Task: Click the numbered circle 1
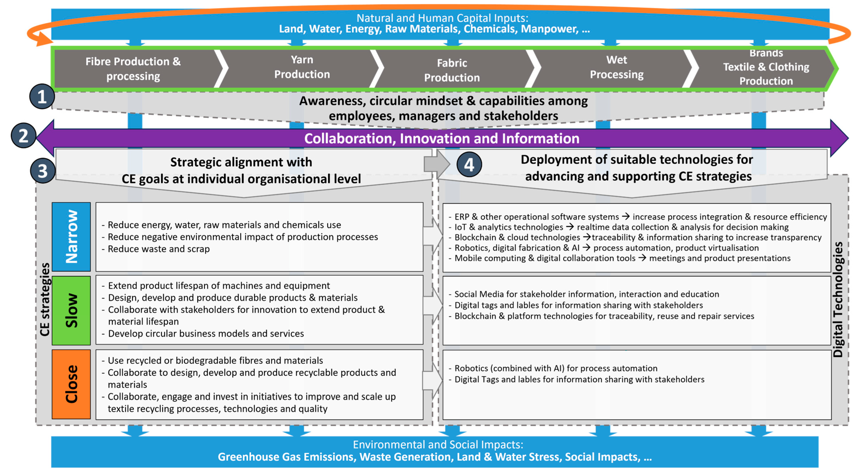pos(42,97)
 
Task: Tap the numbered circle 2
pos(23,136)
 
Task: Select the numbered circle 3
pos(42,171)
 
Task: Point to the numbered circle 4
pos(469,164)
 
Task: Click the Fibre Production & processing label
pos(133,69)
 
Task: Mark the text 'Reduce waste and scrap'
pos(159,249)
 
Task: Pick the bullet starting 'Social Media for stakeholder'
pos(587,294)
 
